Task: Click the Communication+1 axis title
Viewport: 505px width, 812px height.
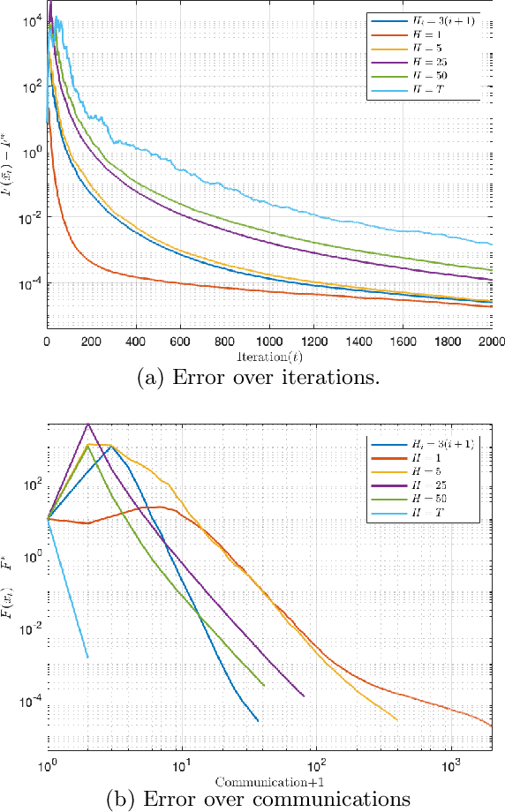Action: pyautogui.click(x=269, y=782)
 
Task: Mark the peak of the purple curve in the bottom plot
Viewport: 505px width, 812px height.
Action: pyautogui.click(x=87, y=425)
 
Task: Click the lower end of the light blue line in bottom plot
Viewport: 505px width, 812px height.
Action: pyautogui.click(x=87, y=657)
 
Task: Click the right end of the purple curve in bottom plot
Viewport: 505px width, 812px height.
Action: pyautogui.click(x=304, y=695)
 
